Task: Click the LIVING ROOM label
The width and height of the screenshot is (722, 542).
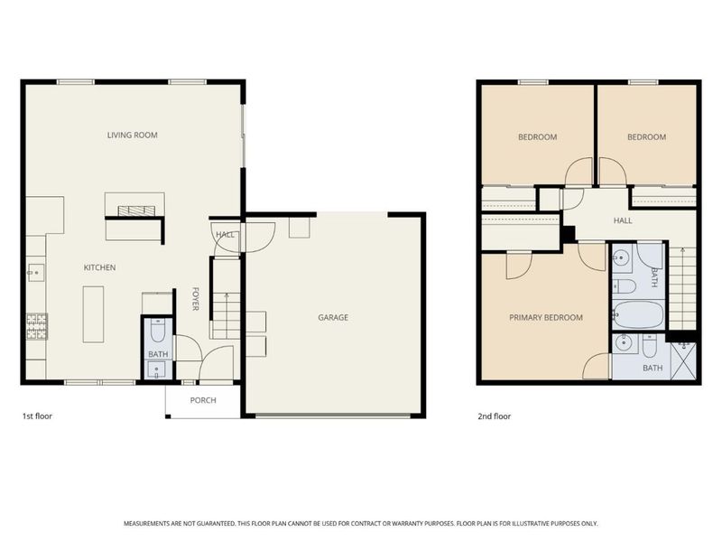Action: point(132,135)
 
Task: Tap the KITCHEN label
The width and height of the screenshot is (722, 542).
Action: point(99,267)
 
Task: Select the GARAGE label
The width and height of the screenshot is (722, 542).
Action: point(333,318)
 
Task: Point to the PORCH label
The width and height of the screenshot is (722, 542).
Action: point(203,400)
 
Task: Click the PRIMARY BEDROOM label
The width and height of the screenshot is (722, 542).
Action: point(546,318)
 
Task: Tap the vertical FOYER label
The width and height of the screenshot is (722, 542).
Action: point(195,299)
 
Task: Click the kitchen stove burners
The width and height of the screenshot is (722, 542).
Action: point(37,326)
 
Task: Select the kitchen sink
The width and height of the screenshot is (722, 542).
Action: point(36,273)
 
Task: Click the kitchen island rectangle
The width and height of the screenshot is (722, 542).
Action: point(93,314)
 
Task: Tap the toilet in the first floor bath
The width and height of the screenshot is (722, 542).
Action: point(157,330)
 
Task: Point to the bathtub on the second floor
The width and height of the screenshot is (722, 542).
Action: point(638,314)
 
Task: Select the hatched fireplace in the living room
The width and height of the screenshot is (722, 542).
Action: point(137,210)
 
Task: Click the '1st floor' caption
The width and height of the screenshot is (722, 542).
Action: point(37,416)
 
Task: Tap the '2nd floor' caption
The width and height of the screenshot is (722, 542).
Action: point(494,416)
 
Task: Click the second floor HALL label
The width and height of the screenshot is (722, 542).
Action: point(623,220)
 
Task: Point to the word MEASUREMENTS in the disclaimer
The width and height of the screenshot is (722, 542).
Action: point(146,524)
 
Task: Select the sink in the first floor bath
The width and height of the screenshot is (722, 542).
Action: point(157,369)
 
